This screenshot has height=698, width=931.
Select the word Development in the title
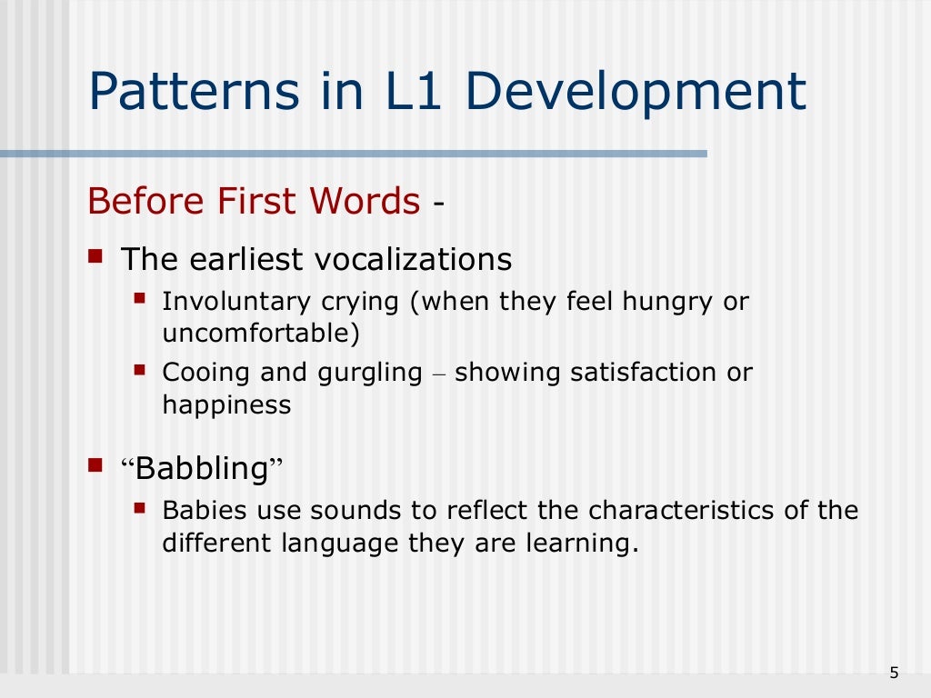[639, 92]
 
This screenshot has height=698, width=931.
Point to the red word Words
[367, 201]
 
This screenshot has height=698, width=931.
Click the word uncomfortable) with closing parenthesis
[261, 333]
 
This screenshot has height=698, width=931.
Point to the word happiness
[226, 404]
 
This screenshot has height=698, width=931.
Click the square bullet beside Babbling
[95, 466]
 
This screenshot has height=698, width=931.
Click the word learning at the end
[579, 543]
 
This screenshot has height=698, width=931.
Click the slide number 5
[894, 673]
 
